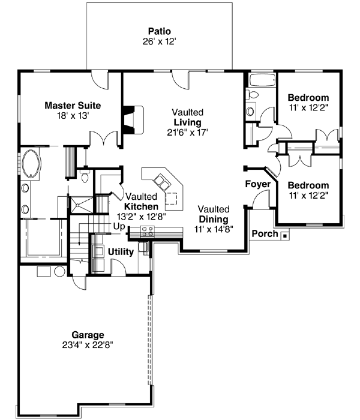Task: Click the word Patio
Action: tap(159, 31)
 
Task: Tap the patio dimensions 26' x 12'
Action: tap(159, 41)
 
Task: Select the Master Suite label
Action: tap(73, 106)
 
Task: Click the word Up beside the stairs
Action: tap(119, 226)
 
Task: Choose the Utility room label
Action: tap(121, 252)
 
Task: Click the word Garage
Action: tap(88, 334)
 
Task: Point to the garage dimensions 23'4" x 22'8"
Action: tap(88, 345)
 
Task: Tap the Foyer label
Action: tap(257, 184)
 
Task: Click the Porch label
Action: tap(264, 233)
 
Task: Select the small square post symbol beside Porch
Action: tap(284, 234)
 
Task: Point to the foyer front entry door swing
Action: tap(260, 202)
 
